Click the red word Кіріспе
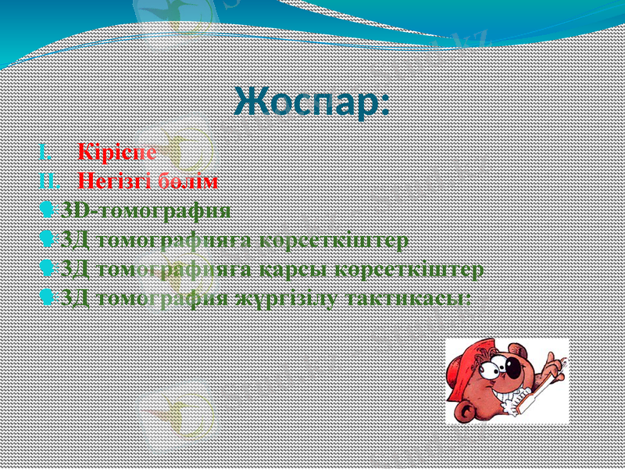click(x=116, y=151)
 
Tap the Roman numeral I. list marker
click(x=45, y=151)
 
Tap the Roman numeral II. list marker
click(x=48, y=181)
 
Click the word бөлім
click(x=188, y=181)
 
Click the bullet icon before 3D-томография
click(x=48, y=211)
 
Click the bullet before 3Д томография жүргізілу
click(x=48, y=298)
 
